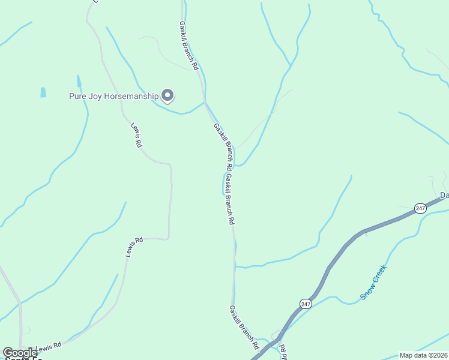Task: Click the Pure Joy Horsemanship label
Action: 113,96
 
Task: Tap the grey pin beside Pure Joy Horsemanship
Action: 168,95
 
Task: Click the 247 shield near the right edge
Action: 420,208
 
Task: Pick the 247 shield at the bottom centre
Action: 306,304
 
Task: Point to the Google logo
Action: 20,353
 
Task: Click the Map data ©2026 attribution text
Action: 424,355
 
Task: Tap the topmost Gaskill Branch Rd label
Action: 188,46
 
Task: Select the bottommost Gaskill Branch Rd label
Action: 244,328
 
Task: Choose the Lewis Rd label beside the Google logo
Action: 49,347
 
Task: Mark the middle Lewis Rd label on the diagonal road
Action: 134,247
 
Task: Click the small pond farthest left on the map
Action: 43,92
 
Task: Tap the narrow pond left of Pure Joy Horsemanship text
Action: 79,82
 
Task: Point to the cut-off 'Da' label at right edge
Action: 444,196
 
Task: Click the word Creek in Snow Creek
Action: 379,276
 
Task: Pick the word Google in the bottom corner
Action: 20,353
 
